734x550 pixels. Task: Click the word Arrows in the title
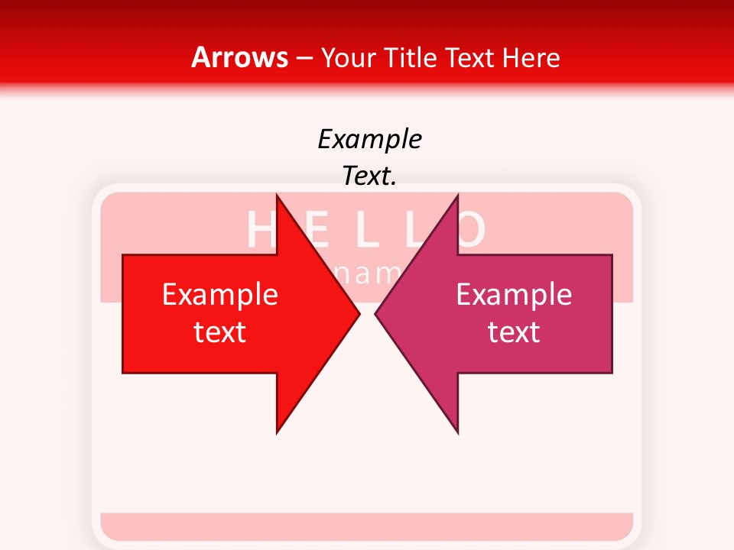pos(239,57)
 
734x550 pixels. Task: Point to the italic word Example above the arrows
pos(369,139)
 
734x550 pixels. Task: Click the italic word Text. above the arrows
pos(369,176)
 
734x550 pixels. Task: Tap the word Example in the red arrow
pos(220,295)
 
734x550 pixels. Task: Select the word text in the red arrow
pos(220,332)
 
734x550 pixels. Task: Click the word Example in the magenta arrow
pos(514,295)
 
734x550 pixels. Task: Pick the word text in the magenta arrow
pos(514,332)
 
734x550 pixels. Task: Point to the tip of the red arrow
pos(358,313)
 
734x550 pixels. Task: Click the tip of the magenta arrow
pos(377,313)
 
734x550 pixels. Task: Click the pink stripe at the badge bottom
pos(367,526)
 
